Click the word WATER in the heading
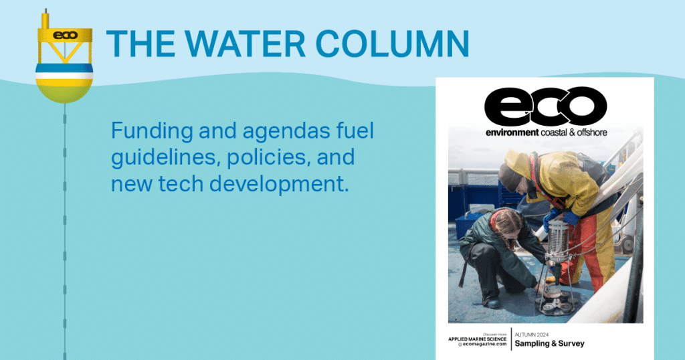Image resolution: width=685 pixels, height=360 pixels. (245, 43)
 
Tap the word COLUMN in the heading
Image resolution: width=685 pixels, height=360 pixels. (392, 43)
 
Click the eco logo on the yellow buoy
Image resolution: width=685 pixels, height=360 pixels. (65, 35)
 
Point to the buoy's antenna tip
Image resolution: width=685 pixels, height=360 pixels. (45, 9)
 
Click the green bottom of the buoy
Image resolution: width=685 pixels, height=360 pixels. (64, 94)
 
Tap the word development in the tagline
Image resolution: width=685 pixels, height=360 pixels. (279, 185)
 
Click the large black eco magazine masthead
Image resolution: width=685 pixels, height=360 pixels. (545, 106)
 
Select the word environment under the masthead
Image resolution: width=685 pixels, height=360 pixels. (512, 132)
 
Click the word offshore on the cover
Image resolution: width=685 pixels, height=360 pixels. (592, 132)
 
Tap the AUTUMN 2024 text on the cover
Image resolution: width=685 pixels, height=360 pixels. (532, 335)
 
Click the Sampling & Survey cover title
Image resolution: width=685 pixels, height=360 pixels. (550, 343)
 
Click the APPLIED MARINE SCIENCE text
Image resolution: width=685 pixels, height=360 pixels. (478, 339)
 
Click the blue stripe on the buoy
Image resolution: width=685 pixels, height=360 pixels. (64, 68)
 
